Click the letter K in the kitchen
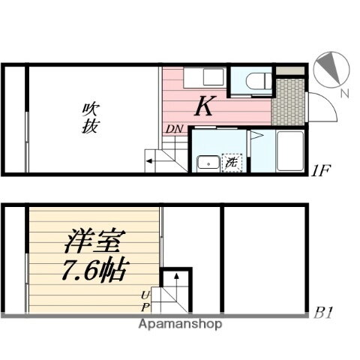pos(202,108)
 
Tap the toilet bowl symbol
pos(253,79)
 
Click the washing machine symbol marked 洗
pos(230,162)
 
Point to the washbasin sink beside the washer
pos(204,163)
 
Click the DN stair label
pos(173,128)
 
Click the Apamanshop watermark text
pos(180,325)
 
